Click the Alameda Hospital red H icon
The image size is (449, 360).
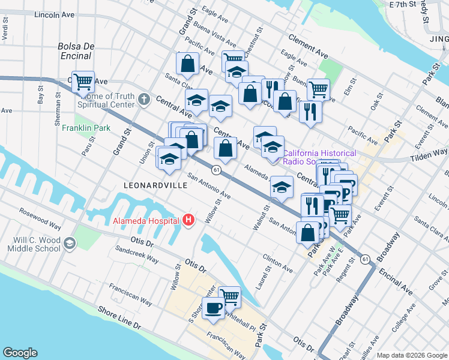pos(189,220)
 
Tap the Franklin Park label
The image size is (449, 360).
pos(86,128)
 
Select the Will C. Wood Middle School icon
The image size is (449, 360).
pos(70,242)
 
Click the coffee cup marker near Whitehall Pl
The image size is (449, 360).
pos(212,308)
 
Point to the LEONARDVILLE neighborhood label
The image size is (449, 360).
pos(155,186)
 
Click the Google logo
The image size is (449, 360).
pos(20,353)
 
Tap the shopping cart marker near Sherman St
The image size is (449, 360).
pos(83,82)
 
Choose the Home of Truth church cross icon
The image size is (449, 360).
pos(143,99)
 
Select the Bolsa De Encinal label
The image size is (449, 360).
pos(74,51)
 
